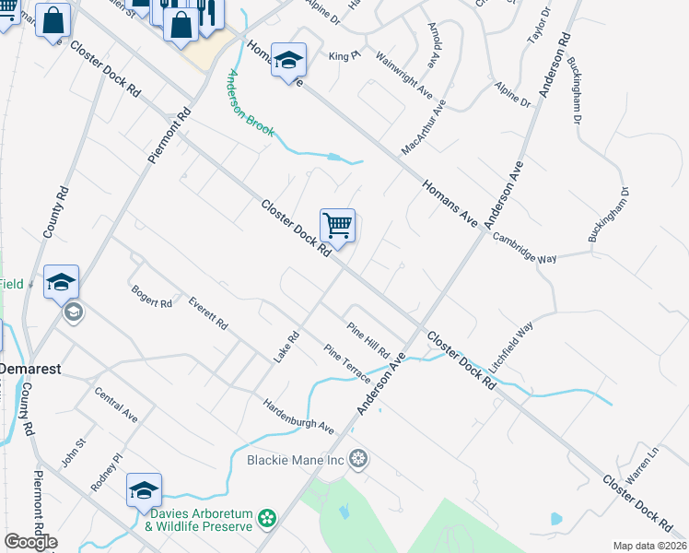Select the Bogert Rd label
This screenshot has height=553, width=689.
(x=152, y=297)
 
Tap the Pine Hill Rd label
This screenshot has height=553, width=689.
(x=368, y=341)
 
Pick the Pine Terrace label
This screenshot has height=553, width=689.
(x=347, y=365)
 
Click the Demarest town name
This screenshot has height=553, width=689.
(x=29, y=368)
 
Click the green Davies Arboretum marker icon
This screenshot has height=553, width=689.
(x=267, y=519)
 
